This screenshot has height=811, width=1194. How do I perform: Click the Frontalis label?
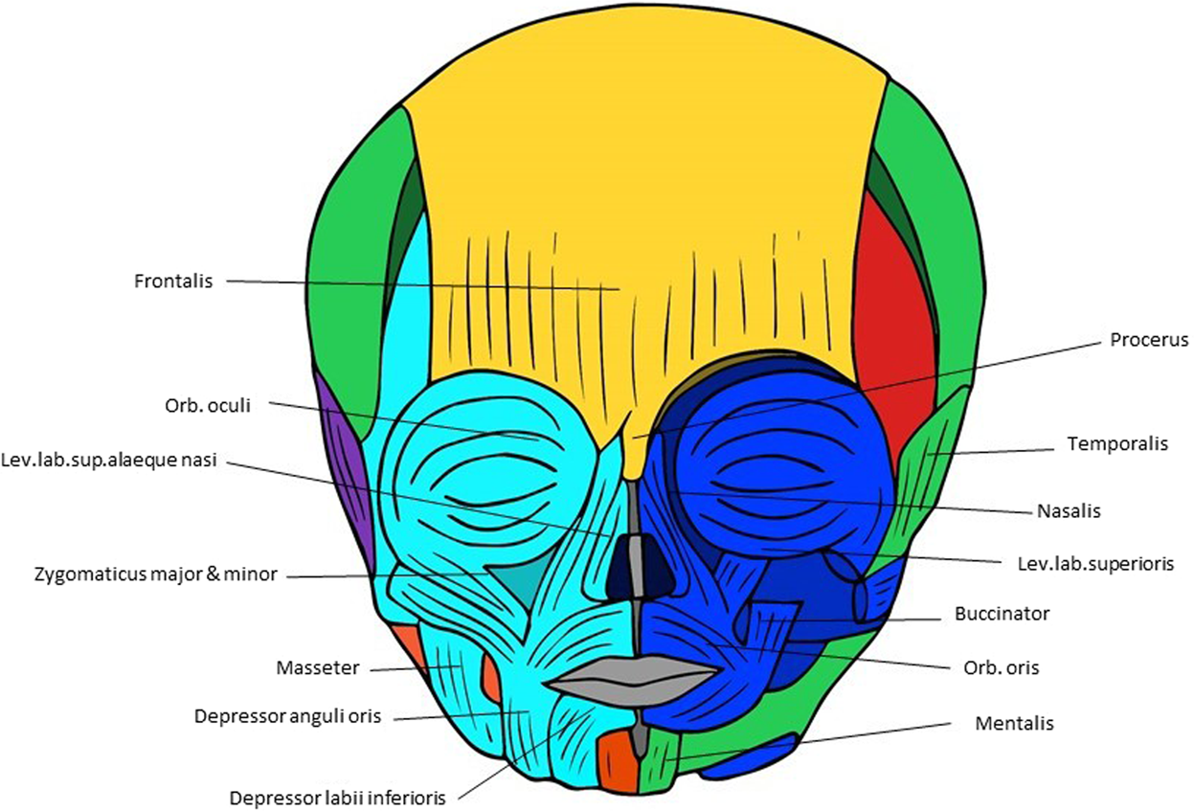coord(172,282)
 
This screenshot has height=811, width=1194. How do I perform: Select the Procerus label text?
coord(1149,340)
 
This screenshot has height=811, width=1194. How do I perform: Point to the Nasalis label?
coord(1069,511)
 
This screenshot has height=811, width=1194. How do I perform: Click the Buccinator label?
coord(1002,614)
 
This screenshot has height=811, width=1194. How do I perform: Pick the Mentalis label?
coord(1014,724)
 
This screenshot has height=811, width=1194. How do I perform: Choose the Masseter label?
coord(318,667)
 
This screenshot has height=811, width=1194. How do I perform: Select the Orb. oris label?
coord(1001,667)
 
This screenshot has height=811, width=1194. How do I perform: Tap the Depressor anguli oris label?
coord(287,716)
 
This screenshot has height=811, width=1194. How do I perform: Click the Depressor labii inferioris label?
coord(338,797)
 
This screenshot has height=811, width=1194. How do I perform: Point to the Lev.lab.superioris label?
coord(1094,564)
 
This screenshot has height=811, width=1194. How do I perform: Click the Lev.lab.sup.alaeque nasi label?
coord(109,461)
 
